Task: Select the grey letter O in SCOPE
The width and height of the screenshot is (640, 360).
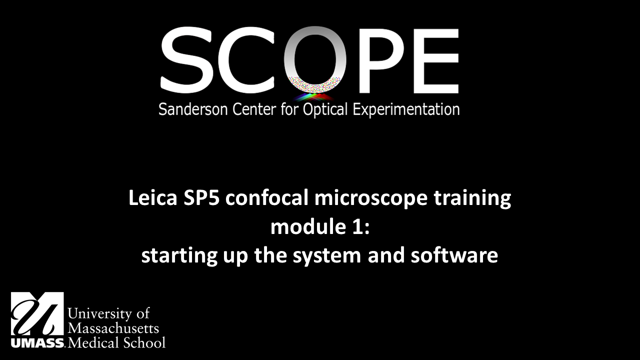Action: (315, 57)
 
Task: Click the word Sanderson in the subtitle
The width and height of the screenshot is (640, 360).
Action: (193, 109)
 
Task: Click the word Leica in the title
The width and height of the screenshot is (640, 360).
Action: (148, 198)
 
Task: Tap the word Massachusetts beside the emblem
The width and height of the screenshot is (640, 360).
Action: (113, 328)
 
